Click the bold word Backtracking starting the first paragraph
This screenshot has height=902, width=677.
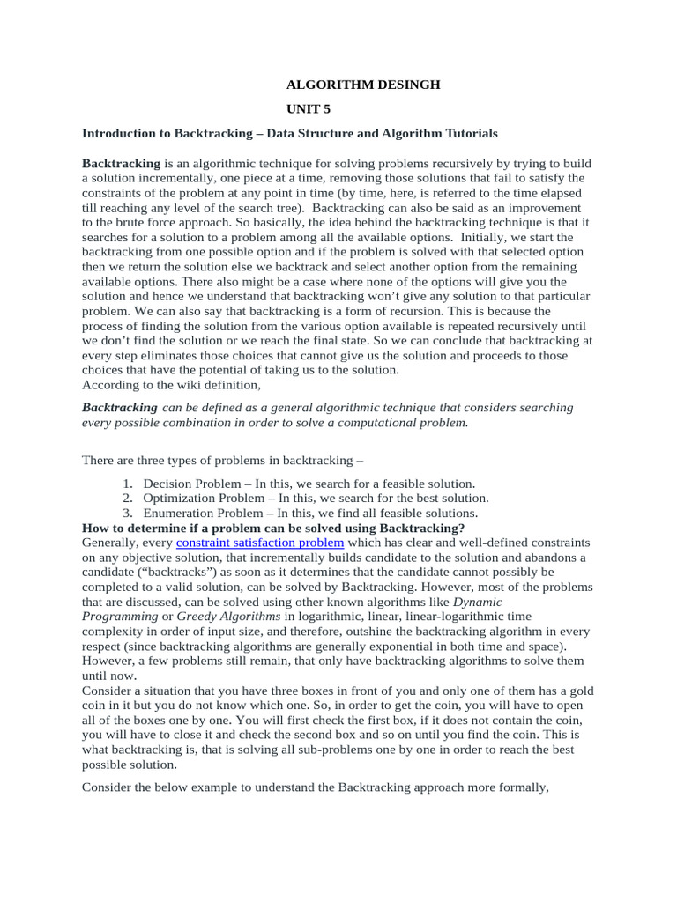click(x=121, y=164)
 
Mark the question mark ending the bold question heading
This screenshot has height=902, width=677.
click(x=462, y=528)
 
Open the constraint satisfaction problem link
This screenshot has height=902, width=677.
click(x=260, y=543)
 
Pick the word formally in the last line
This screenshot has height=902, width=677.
click(x=518, y=788)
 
